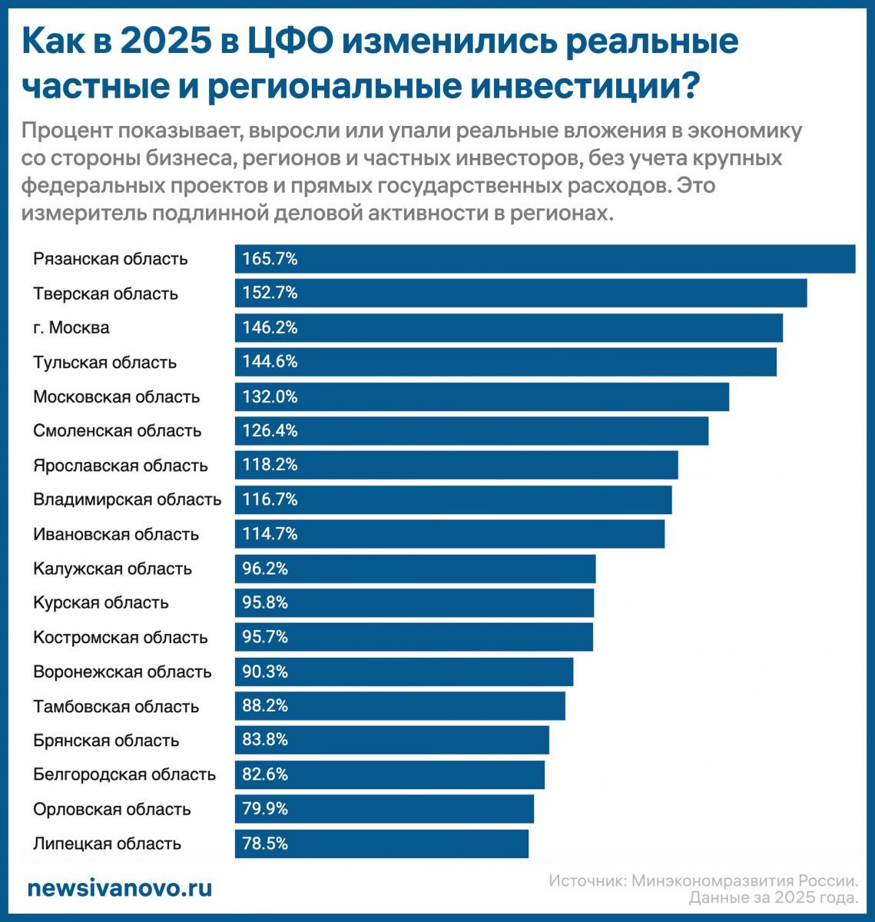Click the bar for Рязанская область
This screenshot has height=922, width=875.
pos(545,259)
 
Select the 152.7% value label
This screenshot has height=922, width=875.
pos(270,294)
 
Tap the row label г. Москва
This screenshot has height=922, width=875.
pos(71,328)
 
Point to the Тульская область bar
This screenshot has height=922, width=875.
pos(505,362)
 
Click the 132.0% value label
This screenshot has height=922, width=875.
pos(270,397)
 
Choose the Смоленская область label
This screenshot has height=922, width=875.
pos(118,431)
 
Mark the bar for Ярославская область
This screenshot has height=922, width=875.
pos(456,466)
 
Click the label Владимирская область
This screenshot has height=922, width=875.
pos(128,500)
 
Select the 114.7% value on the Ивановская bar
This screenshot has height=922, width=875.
pos(270,534)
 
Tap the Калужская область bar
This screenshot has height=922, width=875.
pos(415,569)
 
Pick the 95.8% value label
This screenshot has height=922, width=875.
pos(265,603)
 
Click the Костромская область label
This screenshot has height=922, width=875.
pos(121,638)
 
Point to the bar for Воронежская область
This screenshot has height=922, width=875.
pos(404,672)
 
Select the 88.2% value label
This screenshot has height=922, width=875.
pos(265,706)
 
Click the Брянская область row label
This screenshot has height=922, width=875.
pos(106,741)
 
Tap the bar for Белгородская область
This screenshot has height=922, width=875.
pos(389,774)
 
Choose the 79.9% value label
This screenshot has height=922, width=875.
pos(265,809)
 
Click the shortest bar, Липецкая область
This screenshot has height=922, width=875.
pos(382,844)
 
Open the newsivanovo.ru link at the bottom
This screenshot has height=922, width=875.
pos(120,889)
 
